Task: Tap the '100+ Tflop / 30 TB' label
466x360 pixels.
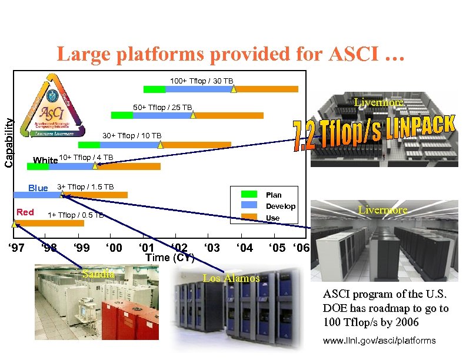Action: click(x=201, y=81)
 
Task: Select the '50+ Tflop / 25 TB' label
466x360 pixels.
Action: click(x=162, y=108)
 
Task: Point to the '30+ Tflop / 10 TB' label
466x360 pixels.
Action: click(x=132, y=136)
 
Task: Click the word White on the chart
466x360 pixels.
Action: click(x=45, y=160)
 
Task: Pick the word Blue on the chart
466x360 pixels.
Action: click(x=38, y=188)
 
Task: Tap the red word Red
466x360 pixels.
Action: click(x=25, y=212)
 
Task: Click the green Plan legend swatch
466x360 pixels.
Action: click(x=250, y=194)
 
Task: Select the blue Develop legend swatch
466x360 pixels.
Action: click(x=250, y=205)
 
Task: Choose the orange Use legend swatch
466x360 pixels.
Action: click(x=250, y=217)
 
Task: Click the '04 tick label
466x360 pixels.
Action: click(x=244, y=248)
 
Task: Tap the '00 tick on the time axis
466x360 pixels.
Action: click(x=114, y=248)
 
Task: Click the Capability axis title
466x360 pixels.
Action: click(x=8, y=142)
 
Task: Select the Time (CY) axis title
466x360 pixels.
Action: click(x=169, y=258)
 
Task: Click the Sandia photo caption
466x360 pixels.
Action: click(x=99, y=274)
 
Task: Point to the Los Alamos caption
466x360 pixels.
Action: click(x=231, y=278)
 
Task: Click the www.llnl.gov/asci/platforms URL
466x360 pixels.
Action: click(x=380, y=341)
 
